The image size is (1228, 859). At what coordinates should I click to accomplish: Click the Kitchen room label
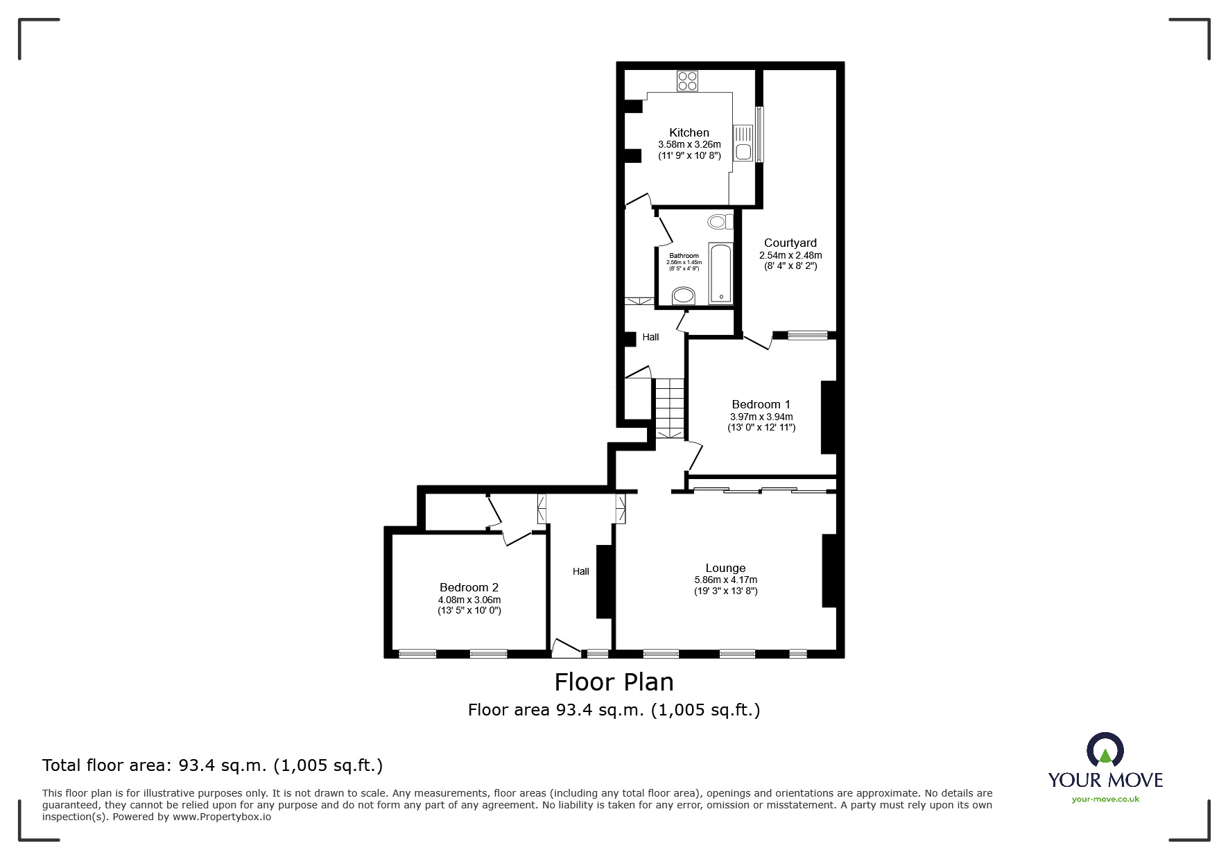click(689, 132)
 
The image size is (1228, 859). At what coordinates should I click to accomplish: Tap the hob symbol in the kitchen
click(688, 81)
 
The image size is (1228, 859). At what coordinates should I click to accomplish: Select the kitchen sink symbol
click(743, 143)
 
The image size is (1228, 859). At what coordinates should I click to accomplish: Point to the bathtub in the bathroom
click(720, 273)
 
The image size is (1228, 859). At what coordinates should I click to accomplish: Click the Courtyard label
click(790, 243)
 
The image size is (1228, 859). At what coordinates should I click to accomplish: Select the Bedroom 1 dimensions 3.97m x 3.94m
click(761, 417)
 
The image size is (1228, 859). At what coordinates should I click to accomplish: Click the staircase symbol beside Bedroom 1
click(670, 408)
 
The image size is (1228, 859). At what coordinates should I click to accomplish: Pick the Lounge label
click(725, 568)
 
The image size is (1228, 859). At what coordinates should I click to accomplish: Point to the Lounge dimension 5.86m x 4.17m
click(725, 580)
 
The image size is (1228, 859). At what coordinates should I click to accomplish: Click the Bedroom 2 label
click(469, 587)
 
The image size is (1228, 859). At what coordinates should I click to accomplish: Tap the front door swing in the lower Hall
click(565, 648)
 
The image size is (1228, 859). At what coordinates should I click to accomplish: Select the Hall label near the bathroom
click(650, 337)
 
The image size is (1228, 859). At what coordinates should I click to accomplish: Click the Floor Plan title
click(614, 682)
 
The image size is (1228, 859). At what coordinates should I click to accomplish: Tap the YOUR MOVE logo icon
click(1105, 751)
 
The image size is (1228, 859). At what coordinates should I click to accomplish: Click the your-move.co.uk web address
click(1105, 799)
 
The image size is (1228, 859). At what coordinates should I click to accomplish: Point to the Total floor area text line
click(212, 765)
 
